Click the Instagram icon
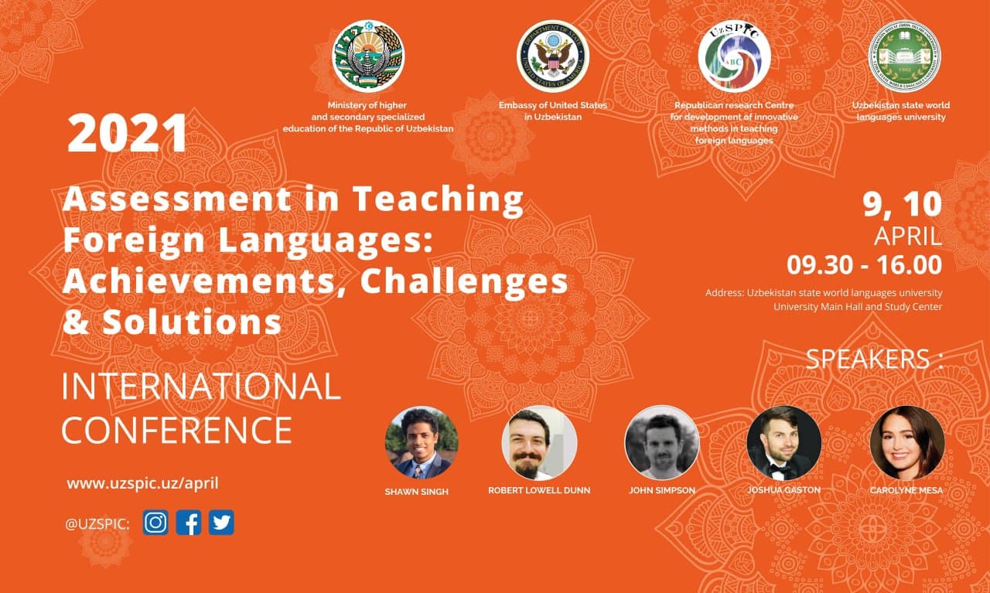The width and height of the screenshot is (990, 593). click(x=155, y=523)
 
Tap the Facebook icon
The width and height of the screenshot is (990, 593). click(x=188, y=523)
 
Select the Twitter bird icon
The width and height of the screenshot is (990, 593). click(x=221, y=523)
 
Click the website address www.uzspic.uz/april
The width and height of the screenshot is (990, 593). click(x=142, y=483)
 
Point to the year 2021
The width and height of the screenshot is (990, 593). click(x=128, y=134)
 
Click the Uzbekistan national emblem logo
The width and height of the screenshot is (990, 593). click(x=368, y=56)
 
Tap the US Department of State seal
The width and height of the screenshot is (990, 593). click(x=553, y=56)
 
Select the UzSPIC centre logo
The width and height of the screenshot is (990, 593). click(x=734, y=56)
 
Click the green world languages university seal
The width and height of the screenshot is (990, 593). click(x=904, y=56)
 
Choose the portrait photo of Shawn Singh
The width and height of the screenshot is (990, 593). click(x=422, y=443)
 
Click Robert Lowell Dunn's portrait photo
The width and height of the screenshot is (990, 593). click(x=539, y=443)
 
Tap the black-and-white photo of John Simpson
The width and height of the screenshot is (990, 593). click(x=661, y=443)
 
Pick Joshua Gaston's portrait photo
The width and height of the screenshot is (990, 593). click(x=783, y=443)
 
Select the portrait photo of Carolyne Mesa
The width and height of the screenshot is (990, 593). click(x=906, y=443)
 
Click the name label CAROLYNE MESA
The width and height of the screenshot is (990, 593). click(x=906, y=490)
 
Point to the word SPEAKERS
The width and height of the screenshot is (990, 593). click(x=868, y=359)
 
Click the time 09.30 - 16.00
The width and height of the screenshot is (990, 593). click(x=864, y=265)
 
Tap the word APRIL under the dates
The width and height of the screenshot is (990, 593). click(x=907, y=236)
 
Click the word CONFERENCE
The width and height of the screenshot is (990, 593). click(x=177, y=430)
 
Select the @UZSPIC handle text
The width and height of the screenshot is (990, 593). click(x=97, y=524)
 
